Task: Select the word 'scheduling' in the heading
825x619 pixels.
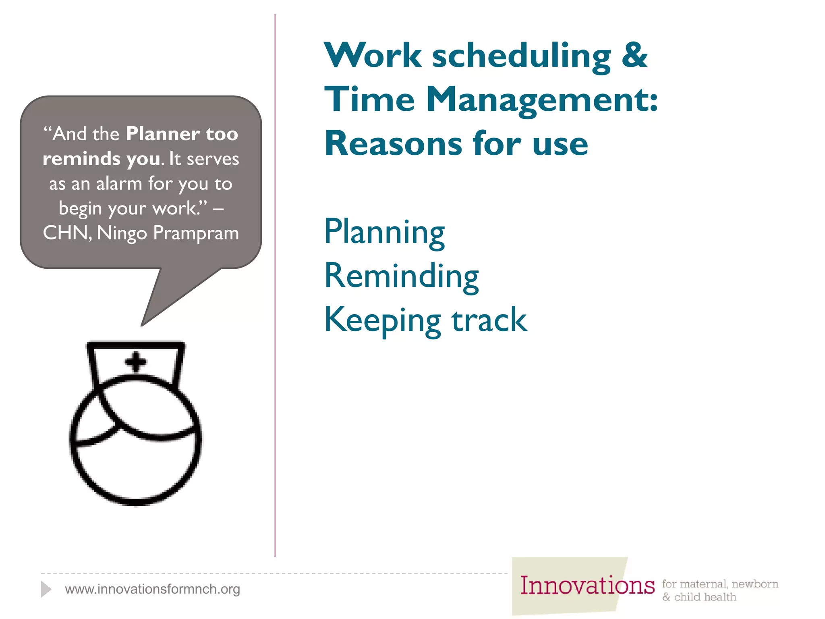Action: [522, 56]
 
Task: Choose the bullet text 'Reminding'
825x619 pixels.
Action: [401, 276]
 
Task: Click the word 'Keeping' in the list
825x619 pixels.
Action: [382, 320]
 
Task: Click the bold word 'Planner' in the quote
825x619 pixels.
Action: [163, 134]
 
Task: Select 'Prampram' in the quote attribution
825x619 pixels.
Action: [196, 233]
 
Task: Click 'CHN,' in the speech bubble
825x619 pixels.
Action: [67, 233]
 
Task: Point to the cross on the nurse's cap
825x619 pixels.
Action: [136, 361]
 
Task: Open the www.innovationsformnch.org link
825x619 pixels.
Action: [152, 589]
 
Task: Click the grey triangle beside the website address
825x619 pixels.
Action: [46, 589]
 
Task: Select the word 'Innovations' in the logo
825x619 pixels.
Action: [587, 586]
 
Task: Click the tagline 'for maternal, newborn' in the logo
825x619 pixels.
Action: [720, 584]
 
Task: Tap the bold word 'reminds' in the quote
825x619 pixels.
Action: [81, 159]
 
